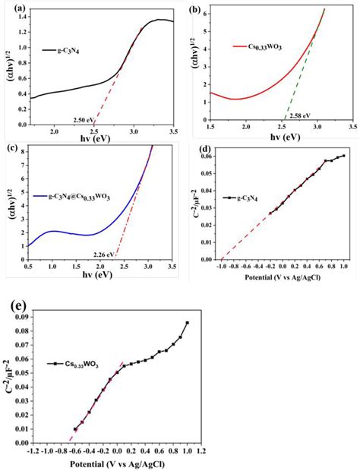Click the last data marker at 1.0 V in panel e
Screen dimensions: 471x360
(x=187, y=323)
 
